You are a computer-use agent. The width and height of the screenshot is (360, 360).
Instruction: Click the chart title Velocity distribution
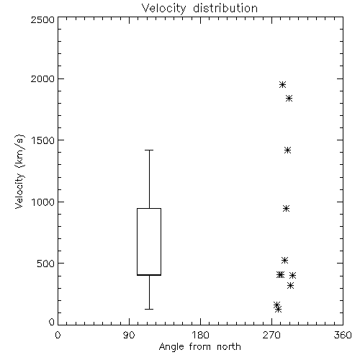click(x=199, y=9)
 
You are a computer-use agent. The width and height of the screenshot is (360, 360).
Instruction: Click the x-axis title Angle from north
click(x=199, y=347)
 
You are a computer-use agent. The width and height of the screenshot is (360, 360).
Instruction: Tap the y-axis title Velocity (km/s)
click(x=19, y=171)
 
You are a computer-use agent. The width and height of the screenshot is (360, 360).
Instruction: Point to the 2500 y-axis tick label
click(x=42, y=19)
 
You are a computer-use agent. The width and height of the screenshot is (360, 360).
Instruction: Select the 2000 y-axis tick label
click(x=42, y=78)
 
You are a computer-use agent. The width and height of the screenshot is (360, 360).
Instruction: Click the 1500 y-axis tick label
click(x=43, y=140)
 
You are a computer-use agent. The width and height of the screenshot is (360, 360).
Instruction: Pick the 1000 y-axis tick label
click(x=43, y=202)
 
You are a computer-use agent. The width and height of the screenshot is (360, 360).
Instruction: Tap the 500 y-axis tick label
click(x=46, y=264)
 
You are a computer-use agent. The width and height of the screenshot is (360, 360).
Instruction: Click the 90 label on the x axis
click(x=129, y=335)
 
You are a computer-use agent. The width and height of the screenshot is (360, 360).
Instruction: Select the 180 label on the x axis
click(x=200, y=335)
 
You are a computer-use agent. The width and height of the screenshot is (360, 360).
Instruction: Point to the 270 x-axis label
click(x=271, y=335)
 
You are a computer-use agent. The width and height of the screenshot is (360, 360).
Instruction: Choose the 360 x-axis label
click(x=343, y=335)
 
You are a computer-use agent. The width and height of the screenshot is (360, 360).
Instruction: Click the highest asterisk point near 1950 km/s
click(x=282, y=84)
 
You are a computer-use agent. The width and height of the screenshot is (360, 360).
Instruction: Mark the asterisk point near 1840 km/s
click(x=289, y=98)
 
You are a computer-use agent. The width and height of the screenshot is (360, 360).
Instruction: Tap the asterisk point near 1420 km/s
click(x=287, y=150)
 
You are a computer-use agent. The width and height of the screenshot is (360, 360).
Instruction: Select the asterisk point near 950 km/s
click(x=286, y=208)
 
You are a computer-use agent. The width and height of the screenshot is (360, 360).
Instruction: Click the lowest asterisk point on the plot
click(x=278, y=310)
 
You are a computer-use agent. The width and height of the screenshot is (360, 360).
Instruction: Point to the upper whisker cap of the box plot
click(x=149, y=150)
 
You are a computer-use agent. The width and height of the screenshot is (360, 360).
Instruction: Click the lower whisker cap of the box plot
click(x=149, y=309)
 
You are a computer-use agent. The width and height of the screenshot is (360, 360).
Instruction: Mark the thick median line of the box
click(x=149, y=275)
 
